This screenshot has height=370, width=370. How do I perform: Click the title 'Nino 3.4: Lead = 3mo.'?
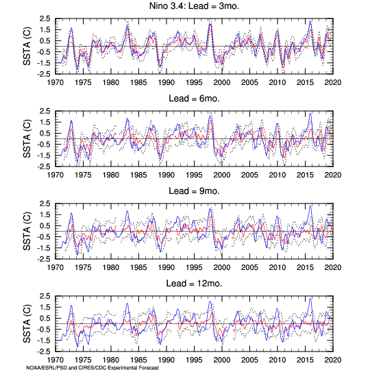pos(194,6)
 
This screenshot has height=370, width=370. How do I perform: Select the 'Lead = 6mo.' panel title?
pos(194,99)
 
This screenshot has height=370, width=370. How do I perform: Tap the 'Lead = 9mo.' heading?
pos(194,191)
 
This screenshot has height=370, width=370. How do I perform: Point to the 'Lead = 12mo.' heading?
pos(194,284)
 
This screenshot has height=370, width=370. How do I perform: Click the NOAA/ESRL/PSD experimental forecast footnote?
pos(92,368)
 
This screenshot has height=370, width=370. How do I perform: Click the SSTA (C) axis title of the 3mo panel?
pos(27,47)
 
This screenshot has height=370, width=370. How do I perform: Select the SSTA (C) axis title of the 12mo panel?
pos(27,323)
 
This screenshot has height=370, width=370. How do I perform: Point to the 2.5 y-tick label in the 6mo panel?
pos(45,111)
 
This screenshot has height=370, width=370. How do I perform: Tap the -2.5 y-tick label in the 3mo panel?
pos(44,74)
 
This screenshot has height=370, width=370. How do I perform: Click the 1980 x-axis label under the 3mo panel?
pos(111,82)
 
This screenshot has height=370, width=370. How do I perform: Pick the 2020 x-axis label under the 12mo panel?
pos(333,360)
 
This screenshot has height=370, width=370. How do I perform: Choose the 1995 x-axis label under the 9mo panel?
pos(194,267)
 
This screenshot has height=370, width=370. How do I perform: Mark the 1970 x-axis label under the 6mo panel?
pos(56,175)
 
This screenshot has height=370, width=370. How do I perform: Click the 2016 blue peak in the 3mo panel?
pos(310,21)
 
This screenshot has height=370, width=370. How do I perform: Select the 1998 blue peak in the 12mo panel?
pos(210,301)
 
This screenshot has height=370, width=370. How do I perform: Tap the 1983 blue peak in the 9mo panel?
pos(127,211)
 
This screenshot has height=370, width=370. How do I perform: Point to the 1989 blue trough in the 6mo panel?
pos(160,159)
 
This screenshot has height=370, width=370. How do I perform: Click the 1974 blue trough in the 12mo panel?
pos(77,347)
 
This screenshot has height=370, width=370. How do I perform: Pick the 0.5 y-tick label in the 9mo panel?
pos(45,226)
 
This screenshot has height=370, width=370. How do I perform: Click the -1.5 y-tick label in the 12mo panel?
pos(44,341)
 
